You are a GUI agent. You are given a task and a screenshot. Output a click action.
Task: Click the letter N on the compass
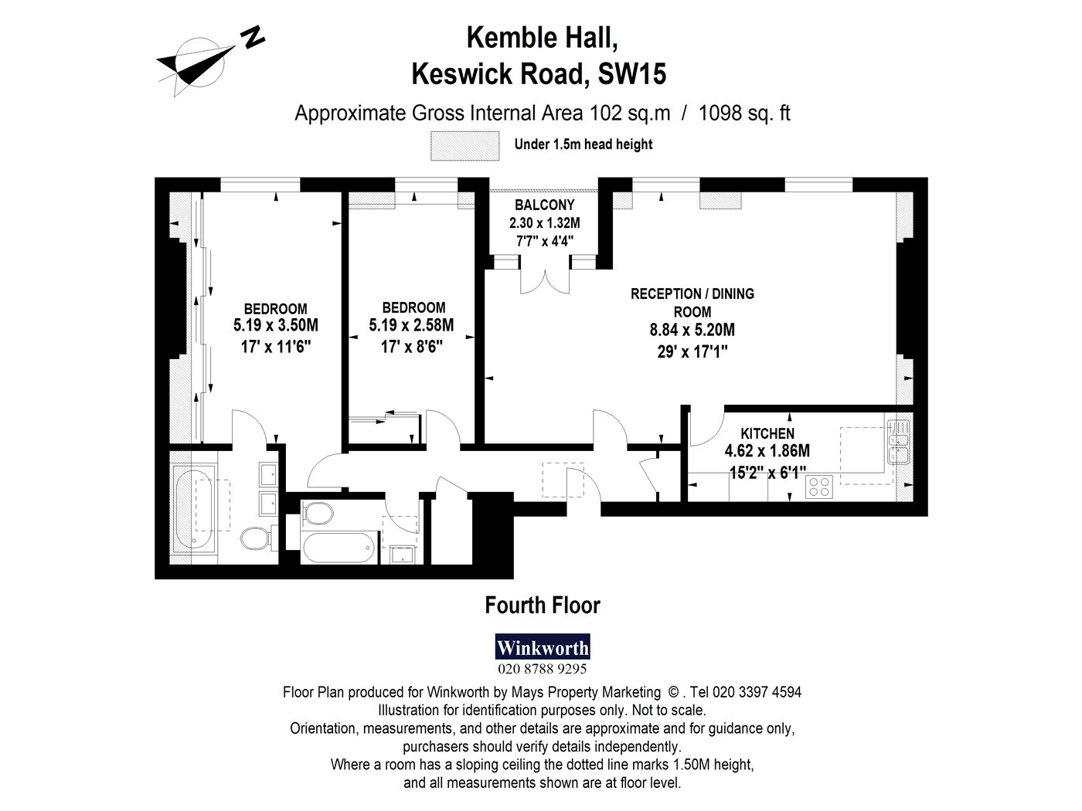point(253,37)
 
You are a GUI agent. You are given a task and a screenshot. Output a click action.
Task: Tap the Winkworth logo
point(543,646)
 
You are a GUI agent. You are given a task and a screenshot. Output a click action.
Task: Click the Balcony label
point(544,205)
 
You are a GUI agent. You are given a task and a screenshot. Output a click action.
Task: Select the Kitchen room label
point(767,433)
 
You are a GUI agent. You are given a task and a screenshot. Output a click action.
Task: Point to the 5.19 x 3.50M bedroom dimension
point(276,325)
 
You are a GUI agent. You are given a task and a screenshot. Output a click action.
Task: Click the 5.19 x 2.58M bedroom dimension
point(412,325)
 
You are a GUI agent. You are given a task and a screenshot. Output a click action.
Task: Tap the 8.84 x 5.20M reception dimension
point(692,330)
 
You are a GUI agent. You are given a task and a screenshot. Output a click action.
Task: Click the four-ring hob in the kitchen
point(818,487)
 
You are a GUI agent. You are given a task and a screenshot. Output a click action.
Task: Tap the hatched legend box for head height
point(464,146)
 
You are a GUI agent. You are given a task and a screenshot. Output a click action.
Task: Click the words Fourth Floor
point(543,606)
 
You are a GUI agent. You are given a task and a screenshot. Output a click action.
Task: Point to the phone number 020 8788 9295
point(543,669)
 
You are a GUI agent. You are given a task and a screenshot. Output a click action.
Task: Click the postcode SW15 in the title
point(632,74)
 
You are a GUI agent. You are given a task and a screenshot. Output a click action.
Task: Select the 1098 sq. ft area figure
point(744,114)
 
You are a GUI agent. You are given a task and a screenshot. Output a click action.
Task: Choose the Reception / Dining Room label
point(692,303)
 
